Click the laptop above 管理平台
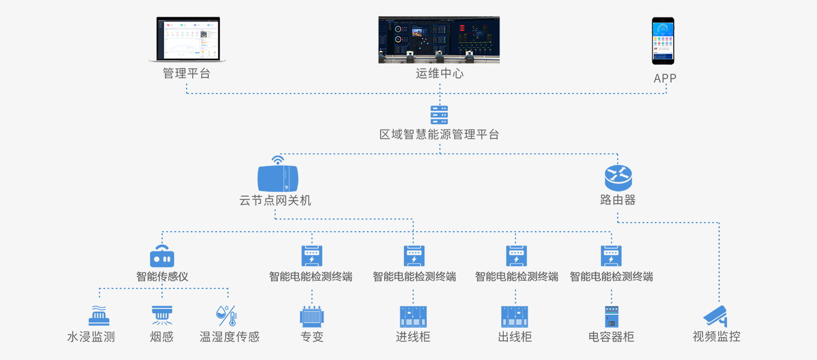[x=187, y=40]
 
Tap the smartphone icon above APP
[x=663, y=41]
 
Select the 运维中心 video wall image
[x=439, y=40]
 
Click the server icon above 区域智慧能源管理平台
[x=439, y=115]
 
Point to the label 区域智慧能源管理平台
[x=439, y=134]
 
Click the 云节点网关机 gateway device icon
[x=277, y=179]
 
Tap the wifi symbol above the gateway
[x=277, y=160]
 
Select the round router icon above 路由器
[x=618, y=176]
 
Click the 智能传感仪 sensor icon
[x=162, y=256]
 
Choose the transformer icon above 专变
[x=312, y=316]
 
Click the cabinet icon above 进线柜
[x=413, y=316]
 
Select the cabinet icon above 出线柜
[x=514, y=316]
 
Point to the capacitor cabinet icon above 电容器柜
[x=611, y=316]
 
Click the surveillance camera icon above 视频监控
[x=716, y=316]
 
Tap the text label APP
[x=665, y=78]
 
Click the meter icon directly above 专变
[x=312, y=256]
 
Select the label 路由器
[x=618, y=200]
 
